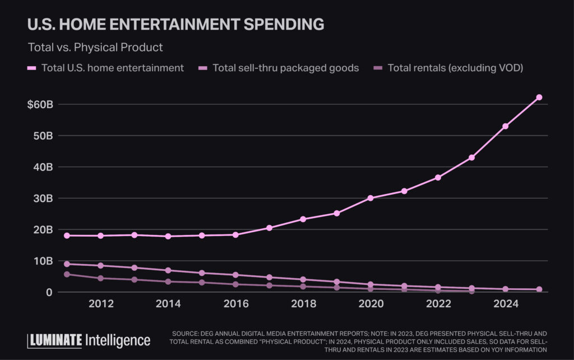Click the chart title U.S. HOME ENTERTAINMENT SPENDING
175,24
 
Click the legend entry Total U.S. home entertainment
112,68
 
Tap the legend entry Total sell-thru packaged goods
285,68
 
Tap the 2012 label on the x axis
101,304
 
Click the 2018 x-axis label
303,304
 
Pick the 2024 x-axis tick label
505,304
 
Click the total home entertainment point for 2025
539,98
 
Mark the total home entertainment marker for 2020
371,198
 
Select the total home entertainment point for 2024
506,126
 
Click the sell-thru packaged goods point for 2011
67,264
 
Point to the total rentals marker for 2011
67,274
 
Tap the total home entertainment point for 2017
269,228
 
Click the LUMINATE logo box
54,340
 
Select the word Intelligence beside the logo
118,340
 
